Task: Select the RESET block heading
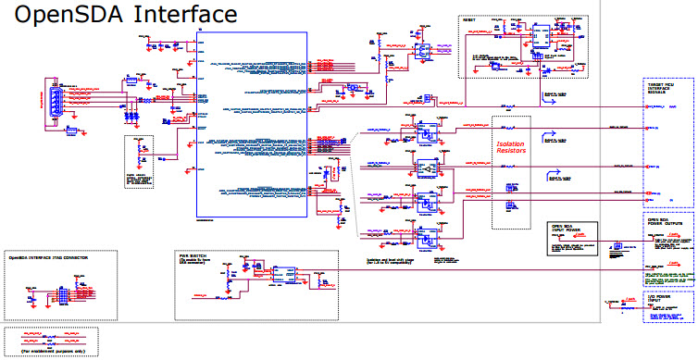[473, 19]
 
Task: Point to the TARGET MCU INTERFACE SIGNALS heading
[666, 90]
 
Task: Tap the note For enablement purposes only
[45, 352]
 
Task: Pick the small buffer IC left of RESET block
[423, 53]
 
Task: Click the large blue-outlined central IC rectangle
[251, 124]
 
